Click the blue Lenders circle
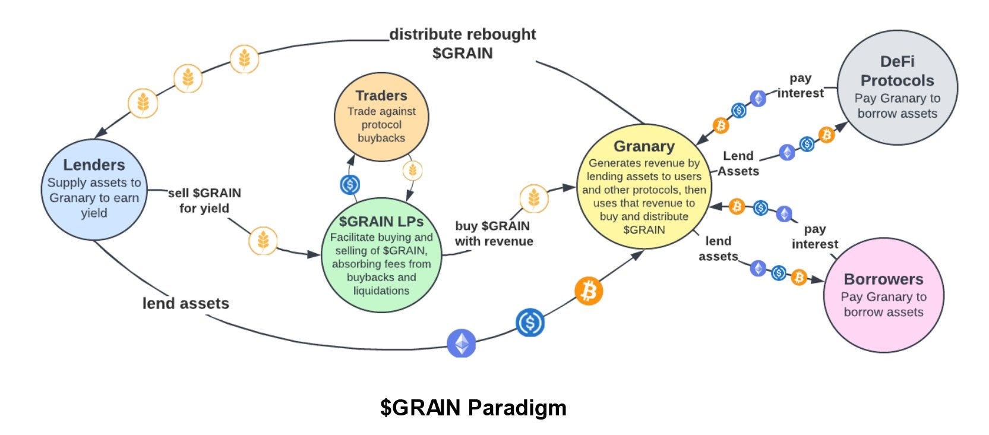coord(94,189)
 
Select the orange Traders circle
coord(381,116)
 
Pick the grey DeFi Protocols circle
coord(897,88)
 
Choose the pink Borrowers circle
coord(883,295)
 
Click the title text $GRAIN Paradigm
coord(473,408)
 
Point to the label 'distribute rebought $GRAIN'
coord(463,43)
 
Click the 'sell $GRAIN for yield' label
coord(204,200)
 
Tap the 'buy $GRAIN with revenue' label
coord(494,234)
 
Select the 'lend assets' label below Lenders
coord(185,303)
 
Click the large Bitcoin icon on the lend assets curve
coord(589,291)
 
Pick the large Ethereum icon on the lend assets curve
coord(462,343)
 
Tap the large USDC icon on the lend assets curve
coord(530,323)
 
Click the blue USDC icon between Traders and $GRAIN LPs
coord(350,185)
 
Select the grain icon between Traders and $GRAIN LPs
coord(412,171)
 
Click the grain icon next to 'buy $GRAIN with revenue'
coord(533,198)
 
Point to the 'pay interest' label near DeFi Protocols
coord(801,86)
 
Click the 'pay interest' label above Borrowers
coord(814,237)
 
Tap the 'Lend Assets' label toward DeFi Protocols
coord(738,163)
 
